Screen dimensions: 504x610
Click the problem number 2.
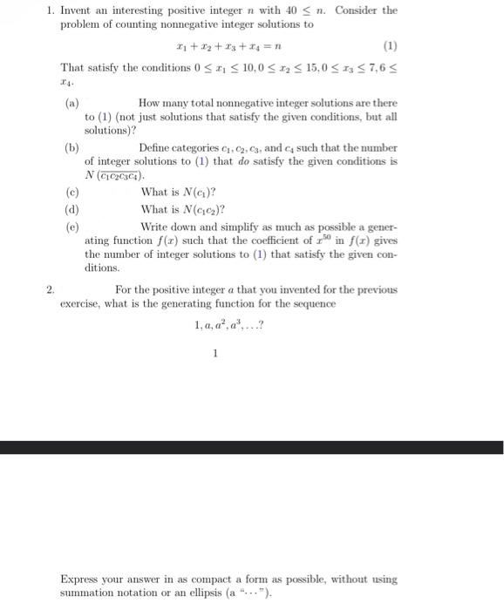coord(51,288)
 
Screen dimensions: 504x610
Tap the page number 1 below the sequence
coord(215,353)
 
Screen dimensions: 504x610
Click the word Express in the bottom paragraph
coord(80,578)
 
